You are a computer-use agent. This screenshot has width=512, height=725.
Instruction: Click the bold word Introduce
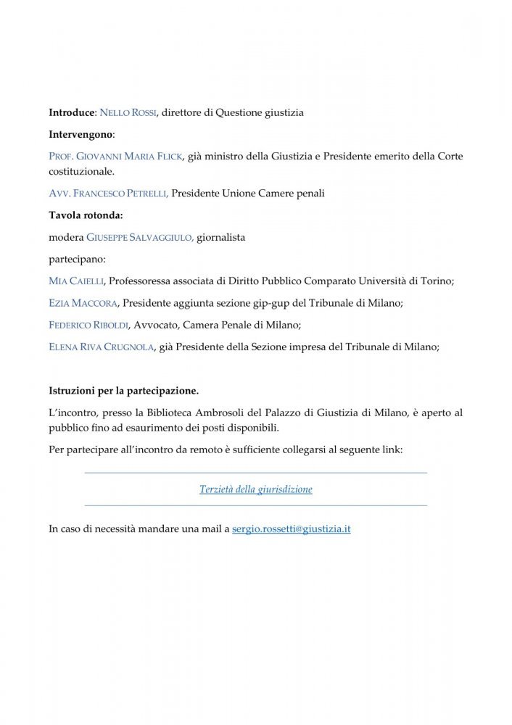coord(72,113)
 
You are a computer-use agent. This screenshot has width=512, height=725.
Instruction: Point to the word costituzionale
coord(80,172)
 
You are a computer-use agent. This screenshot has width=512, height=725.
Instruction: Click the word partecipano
coord(75,259)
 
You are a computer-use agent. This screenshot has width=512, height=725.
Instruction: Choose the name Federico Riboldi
coord(89,324)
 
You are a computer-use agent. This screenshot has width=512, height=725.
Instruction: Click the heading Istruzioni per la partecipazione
coord(123,390)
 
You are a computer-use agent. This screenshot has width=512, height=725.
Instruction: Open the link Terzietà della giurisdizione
coord(256,489)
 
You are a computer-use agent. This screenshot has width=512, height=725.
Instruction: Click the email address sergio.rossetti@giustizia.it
coord(292,529)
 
